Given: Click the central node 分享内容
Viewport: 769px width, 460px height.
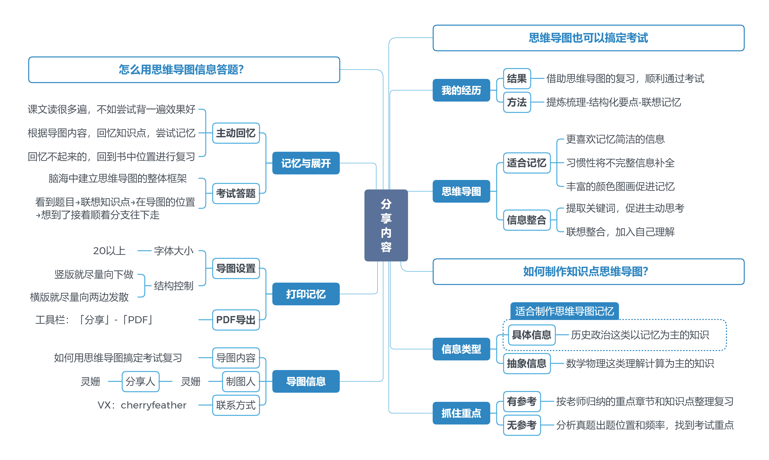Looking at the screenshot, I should click(386, 225).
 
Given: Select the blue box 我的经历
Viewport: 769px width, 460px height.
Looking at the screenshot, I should click(461, 90).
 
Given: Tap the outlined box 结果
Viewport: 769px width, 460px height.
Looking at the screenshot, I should click(517, 78).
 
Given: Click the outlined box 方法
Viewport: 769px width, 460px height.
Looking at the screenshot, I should click(517, 102).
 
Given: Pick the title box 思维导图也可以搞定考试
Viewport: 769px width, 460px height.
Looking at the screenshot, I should click(588, 38).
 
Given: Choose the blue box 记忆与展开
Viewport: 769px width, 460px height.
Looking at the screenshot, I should click(306, 163).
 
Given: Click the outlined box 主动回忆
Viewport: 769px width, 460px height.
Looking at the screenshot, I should click(236, 133).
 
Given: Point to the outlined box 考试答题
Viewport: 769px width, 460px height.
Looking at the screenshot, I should click(236, 194).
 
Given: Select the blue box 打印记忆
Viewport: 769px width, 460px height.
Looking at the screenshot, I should click(306, 294).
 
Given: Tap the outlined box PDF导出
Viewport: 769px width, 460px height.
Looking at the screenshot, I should click(236, 319).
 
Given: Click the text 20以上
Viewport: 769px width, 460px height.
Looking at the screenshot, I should click(109, 250).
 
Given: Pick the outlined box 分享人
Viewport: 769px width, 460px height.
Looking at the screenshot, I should click(141, 381).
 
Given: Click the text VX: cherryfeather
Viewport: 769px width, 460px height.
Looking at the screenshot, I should click(142, 405).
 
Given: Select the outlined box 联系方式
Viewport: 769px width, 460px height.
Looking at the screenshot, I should click(236, 405).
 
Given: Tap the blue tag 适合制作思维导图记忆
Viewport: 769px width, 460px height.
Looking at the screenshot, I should click(564, 311).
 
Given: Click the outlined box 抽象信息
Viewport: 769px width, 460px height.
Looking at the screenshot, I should click(527, 363).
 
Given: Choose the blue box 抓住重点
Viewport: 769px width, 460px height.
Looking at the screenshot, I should click(461, 413).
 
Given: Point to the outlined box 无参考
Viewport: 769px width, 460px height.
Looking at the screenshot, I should click(522, 425).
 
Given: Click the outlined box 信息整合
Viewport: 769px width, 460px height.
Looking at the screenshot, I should click(527, 220).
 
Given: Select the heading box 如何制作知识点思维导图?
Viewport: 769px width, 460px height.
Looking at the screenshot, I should click(588, 271).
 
